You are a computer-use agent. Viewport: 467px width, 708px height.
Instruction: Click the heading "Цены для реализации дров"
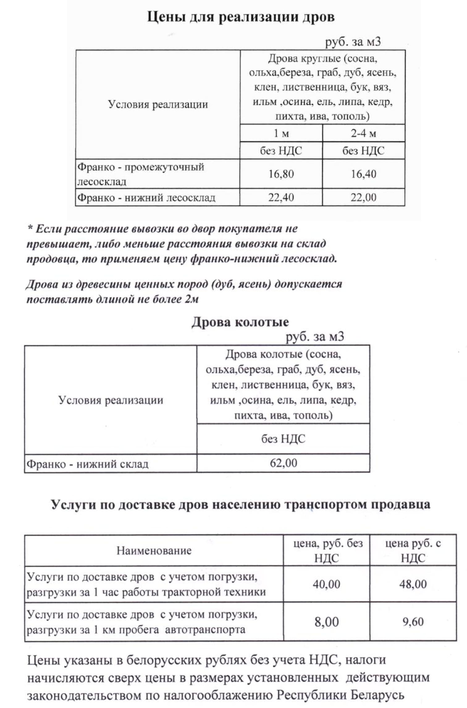tap(241, 17)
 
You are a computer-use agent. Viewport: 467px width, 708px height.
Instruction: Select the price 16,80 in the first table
tap(281, 174)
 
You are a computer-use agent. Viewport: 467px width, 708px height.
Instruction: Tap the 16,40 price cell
tap(363, 174)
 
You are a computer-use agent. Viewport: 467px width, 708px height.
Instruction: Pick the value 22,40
tap(281, 197)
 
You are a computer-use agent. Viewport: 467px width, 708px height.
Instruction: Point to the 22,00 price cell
tap(363, 197)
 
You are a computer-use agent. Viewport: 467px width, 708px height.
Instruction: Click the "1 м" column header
tap(281, 133)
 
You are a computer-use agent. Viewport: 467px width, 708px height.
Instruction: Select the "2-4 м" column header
tap(363, 133)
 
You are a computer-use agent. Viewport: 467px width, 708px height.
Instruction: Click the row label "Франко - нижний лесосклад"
tap(146, 197)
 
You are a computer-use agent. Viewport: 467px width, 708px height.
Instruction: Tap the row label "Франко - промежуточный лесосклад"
tap(141, 174)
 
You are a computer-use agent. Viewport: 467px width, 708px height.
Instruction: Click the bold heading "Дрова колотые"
tap(240, 322)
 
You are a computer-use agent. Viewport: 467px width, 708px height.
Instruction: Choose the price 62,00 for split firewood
tap(283, 463)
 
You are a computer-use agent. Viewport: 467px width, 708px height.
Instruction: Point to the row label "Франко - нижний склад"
tap(87, 464)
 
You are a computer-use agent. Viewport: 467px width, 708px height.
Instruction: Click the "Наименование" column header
tap(154, 550)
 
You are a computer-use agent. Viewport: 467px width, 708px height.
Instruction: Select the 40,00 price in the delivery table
tap(326, 584)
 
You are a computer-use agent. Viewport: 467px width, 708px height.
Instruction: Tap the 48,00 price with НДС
tap(413, 584)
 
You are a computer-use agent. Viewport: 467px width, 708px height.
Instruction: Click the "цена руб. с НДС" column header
tap(413, 550)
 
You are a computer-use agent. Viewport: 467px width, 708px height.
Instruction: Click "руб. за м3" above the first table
tap(353, 42)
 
